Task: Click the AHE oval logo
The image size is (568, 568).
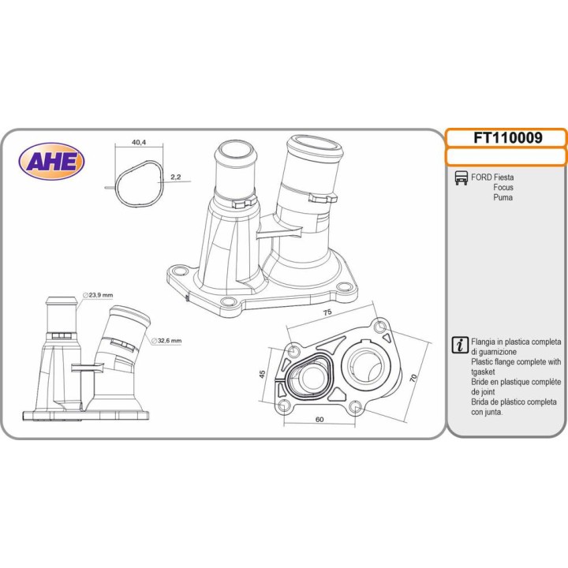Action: click(x=51, y=161)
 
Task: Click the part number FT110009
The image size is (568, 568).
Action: click(x=508, y=137)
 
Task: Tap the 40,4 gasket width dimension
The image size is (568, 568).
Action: click(x=139, y=142)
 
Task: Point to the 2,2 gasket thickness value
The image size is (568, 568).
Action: click(x=176, y=177)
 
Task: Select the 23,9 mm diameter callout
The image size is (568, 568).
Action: click(x=98, y=295)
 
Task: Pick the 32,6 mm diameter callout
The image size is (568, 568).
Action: click(x=166, y=341)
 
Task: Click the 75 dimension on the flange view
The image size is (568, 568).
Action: click(x=327, y=312)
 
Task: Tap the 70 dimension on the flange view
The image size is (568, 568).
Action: click(x=413, y=378)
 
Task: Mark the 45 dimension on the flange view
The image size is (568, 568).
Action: click(x=263, y=373)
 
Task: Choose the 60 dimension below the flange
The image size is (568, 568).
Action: click(x=319, y=420)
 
